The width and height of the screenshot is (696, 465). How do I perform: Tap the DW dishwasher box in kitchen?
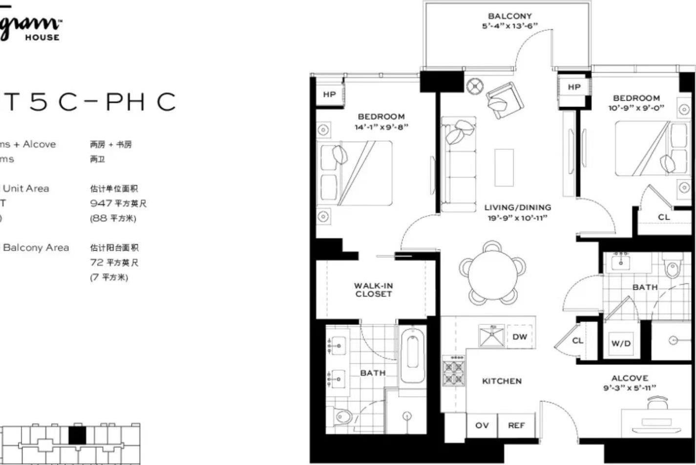tap(520, 337)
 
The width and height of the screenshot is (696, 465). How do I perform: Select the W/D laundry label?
tap(621, 343)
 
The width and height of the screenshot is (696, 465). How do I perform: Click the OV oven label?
tap(482, 425)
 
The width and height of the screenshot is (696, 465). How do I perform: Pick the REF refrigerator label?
tap(516, 425)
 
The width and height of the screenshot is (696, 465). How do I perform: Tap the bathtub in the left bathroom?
tap(412, 355)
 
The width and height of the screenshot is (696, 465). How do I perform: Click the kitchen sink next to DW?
tap(491, 336)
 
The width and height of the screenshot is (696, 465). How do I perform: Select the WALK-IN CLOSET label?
tap(374, 290)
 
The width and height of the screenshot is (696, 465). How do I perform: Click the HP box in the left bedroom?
tap(330, 95)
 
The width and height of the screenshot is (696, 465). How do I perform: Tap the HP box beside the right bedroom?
tap(574, 87)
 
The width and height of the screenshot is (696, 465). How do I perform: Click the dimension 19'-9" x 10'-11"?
tap(518, 218)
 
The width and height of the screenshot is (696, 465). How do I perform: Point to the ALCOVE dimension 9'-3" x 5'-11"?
tap(630, 388)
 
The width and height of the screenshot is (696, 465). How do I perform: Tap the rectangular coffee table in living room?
tap(504, 168)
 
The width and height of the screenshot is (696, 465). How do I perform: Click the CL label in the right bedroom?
tap(664, 217)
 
